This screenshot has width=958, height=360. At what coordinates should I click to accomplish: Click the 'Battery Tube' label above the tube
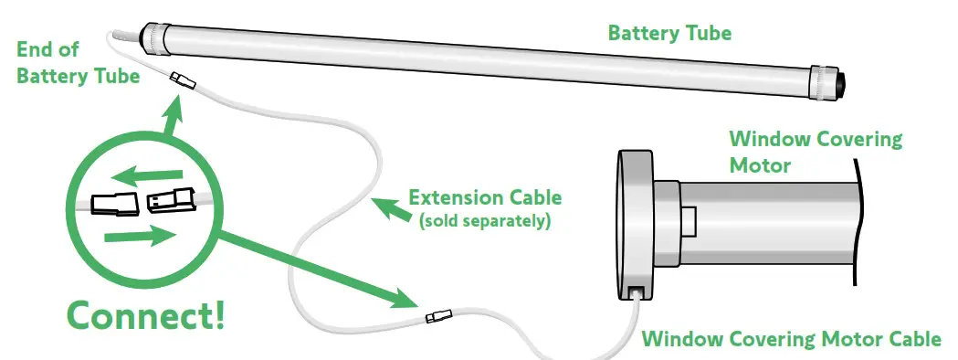(669, 34)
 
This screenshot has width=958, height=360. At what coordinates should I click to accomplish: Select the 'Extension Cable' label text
(485, 197)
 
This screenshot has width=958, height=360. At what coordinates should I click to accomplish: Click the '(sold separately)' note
(484, 220)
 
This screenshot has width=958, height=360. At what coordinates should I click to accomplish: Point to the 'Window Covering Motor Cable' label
(791, 339)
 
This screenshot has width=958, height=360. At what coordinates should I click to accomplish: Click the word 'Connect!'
(145, 315)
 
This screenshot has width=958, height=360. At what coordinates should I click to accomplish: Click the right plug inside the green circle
(171, 198)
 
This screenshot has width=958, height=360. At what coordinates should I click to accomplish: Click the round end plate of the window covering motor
(630, 225)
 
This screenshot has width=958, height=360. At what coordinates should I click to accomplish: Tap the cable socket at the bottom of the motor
(637, 293)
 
